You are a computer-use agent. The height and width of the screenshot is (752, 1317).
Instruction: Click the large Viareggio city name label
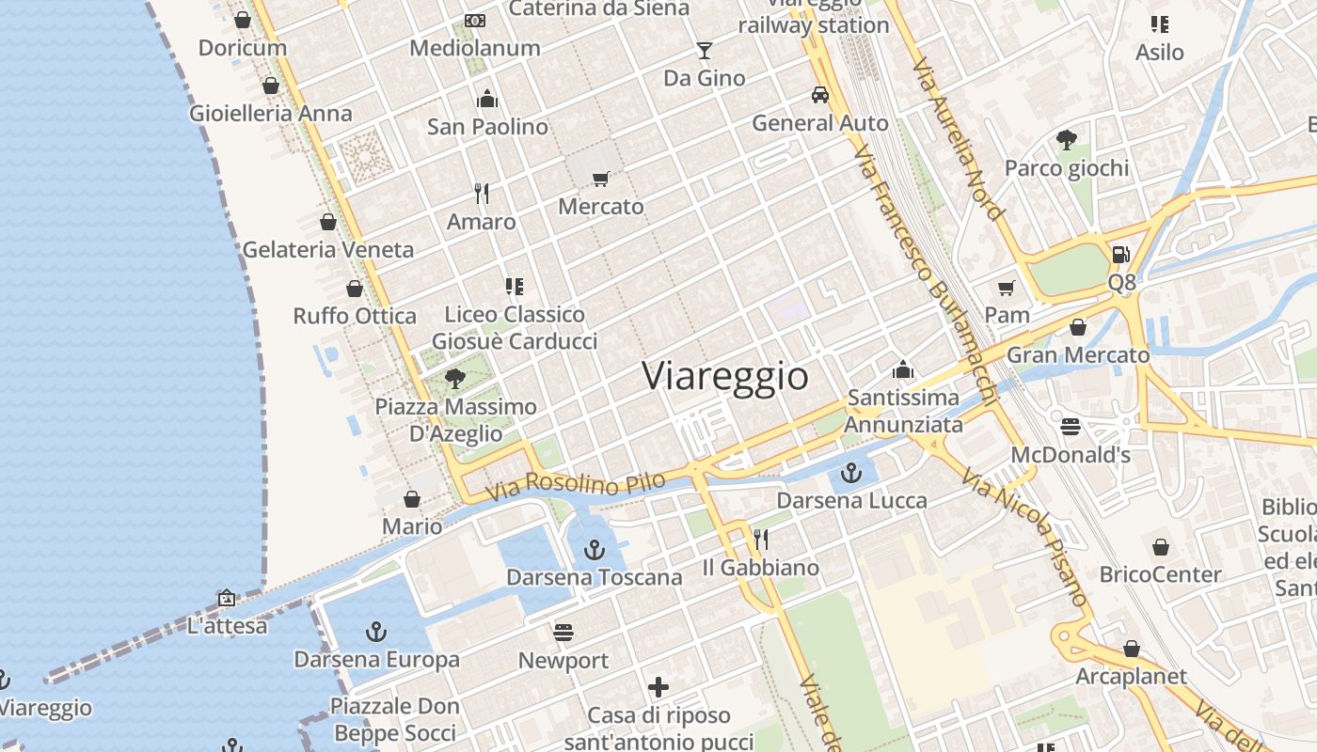pos(724,376)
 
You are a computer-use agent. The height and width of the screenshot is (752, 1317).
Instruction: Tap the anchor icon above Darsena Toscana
pos(594,549)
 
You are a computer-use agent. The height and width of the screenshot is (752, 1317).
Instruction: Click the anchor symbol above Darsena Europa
pos(376,631)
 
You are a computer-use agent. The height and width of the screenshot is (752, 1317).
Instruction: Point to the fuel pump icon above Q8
pos(1120,254)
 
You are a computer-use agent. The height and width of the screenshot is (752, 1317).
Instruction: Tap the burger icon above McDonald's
pos(1070,427)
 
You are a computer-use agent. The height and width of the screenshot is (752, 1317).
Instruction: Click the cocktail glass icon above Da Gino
pos(704,50)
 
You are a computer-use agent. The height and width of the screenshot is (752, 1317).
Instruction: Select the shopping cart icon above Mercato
pos(601,179)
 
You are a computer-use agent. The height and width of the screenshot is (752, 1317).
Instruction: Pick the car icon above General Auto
pos(820,95)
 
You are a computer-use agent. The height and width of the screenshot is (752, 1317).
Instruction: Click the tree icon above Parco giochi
pos(1066,140)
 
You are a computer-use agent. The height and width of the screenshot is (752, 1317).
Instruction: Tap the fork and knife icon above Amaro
pos(482,194)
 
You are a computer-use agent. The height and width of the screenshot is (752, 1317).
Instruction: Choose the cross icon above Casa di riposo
pos(658,687)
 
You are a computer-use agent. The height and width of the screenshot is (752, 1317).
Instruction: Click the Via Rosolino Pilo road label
pos(576,485)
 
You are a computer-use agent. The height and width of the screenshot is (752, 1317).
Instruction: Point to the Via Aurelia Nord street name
pos(958,141)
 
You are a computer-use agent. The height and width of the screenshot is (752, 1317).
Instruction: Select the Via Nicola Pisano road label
pos(1024,537)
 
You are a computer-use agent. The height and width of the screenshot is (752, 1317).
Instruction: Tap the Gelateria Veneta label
pos(327,250)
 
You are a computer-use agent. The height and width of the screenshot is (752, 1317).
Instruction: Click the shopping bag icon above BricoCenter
pos(1161,546)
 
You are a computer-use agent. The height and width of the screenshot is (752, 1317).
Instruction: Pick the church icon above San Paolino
pos(487,98)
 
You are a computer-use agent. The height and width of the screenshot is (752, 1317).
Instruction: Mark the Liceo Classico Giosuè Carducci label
pos(515,327)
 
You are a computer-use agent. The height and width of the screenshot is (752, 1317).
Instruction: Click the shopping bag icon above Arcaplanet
pos(1132,649)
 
